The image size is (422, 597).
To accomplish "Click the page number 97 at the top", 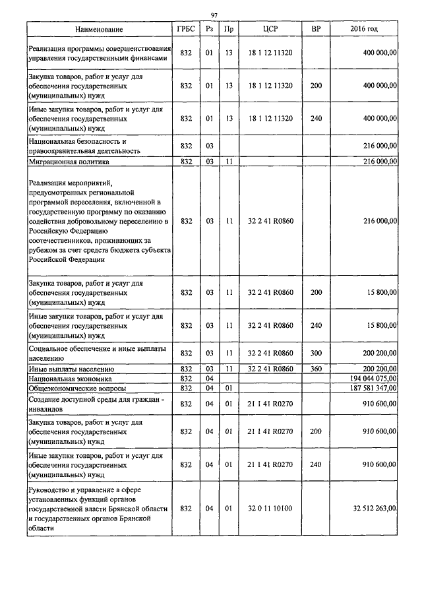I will pos(214,16).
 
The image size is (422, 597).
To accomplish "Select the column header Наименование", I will pos(98,30).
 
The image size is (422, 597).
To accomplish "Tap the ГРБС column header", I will pos(185,30).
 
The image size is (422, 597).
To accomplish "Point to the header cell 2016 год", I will pos(363,30).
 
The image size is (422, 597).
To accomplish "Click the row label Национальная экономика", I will pos(70,379).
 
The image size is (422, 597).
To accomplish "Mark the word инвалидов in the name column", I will pos(47,408).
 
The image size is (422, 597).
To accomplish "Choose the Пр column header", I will pos(228,30).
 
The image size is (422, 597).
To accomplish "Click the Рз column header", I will pos(208,30).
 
